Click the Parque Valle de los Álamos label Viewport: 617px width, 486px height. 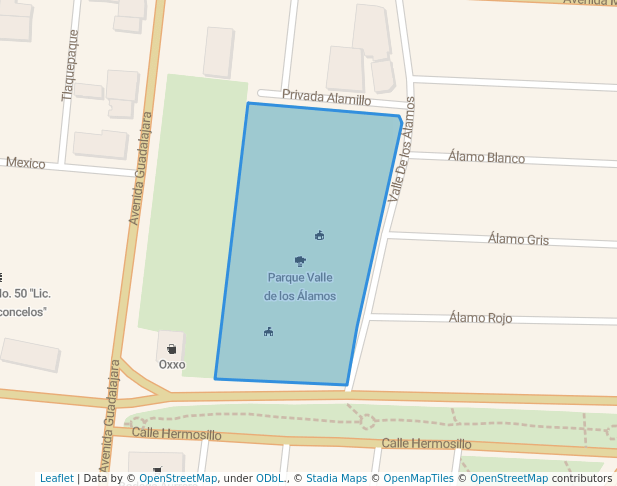tap(300, 287)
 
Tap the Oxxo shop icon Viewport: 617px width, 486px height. tap(171, 349)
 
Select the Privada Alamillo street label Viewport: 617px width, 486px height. tap(326, 98)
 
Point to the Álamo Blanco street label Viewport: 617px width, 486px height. tap(486, 158)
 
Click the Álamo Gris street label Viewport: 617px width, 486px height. tap(518, 239)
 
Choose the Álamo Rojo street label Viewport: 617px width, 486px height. tap(480, 318)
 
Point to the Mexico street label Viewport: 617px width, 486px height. tap(26, 163)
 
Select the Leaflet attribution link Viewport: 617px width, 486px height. tap(56, 479)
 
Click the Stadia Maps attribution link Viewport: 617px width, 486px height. tap(336, 479)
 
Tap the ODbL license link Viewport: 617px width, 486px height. tap(271, 479)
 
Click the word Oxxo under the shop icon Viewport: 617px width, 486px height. tap(172, 365)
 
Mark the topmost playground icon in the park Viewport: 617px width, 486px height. tap(319, 236)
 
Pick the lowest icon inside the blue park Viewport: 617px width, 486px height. tap(268, 332)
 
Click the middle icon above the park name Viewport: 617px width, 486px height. tap(300, 261)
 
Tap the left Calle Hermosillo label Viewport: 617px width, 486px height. tap(176, 435)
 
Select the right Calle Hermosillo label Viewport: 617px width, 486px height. tap(426, 444)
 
